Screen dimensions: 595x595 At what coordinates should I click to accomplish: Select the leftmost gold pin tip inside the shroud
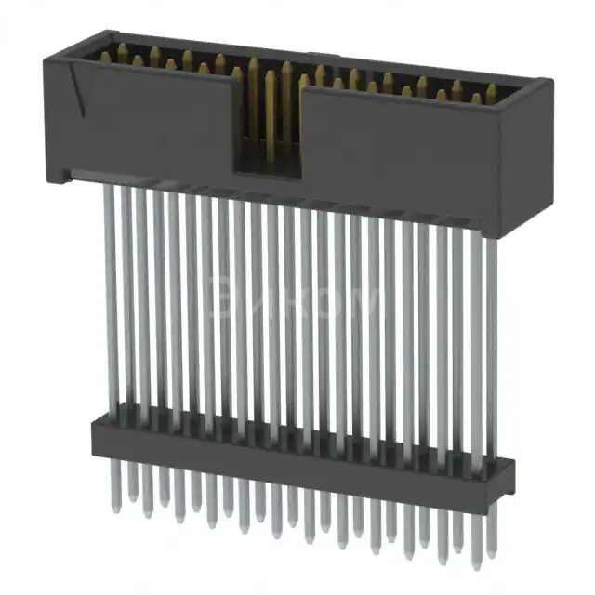tap(121, 48)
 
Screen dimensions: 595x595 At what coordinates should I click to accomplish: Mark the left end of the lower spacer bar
tap(95, 436)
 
